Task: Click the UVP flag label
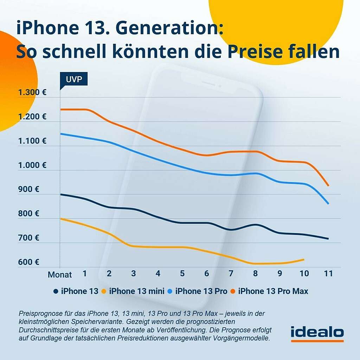[74, 79]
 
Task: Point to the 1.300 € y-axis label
[32, 93]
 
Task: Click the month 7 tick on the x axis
[231, 274]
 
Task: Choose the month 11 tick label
[328, 274]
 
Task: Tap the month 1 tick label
[85, 274]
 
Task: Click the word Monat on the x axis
[60, 275]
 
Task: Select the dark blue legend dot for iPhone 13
[56, 291]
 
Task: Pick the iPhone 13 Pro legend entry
[201, 291]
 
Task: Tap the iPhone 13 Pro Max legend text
[273, 291]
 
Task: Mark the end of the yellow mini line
[304, 259]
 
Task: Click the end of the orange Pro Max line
[328, 185]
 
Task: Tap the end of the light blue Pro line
[328, 204]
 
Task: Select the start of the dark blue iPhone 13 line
[61, 194]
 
